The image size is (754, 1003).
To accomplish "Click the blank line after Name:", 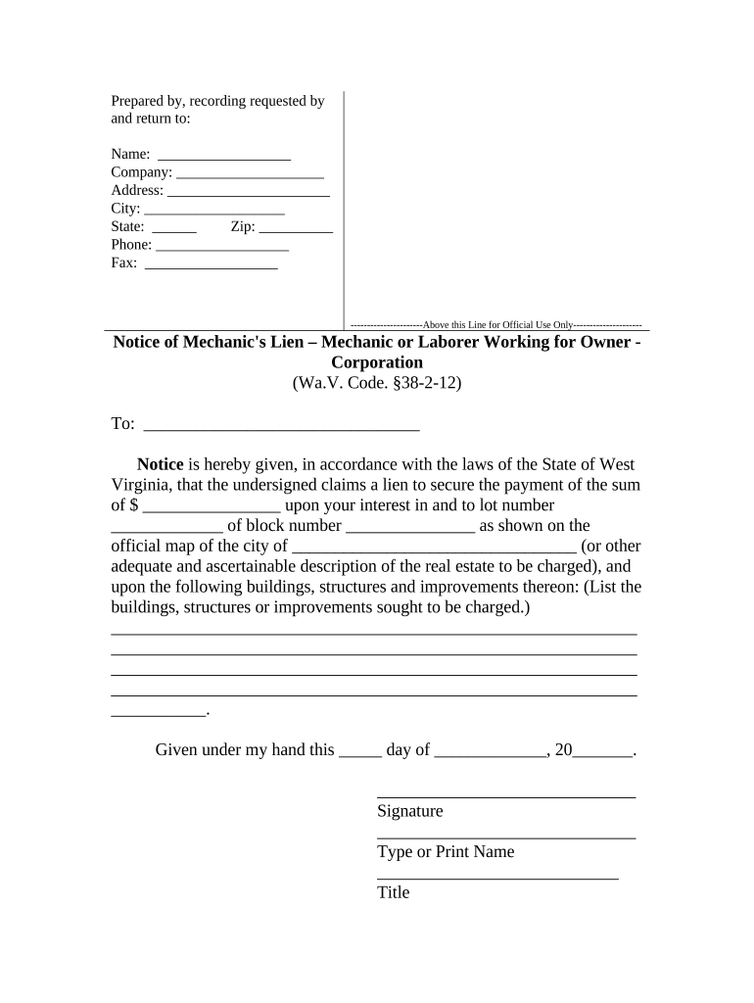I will tap(224, 156).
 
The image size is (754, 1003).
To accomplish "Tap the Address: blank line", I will tap(249, 192).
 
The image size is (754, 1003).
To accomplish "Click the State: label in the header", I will tap(128, 227).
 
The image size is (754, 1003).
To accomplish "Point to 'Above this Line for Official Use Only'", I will tap(496, 324).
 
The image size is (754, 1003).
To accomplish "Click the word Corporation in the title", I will tap(377, 362).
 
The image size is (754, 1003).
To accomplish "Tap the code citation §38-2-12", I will tap(420, 384).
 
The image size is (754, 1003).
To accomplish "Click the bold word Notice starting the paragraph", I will tap(161, 464).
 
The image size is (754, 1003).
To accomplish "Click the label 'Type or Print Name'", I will tap(446, 852).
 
